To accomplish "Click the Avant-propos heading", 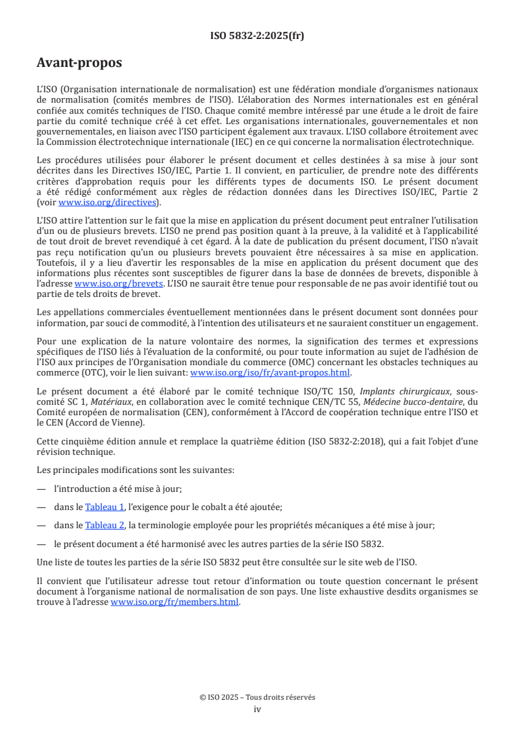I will coord(79,63).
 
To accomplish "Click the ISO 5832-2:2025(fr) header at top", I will coord(257,36).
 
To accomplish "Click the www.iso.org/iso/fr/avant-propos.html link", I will coord(270,373).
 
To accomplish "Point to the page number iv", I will coord(257,709).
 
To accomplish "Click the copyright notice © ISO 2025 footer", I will coord(257,697).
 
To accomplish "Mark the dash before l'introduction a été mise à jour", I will coord(42,489).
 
